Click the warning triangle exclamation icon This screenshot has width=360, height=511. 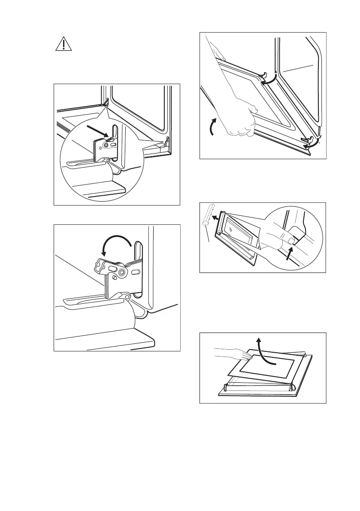(x=63, y=44)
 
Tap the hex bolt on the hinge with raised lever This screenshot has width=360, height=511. (x=123, y=272)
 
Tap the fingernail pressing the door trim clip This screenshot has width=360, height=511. (x=292, y=241)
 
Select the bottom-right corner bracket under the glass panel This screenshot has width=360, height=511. (x=292, y=386)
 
